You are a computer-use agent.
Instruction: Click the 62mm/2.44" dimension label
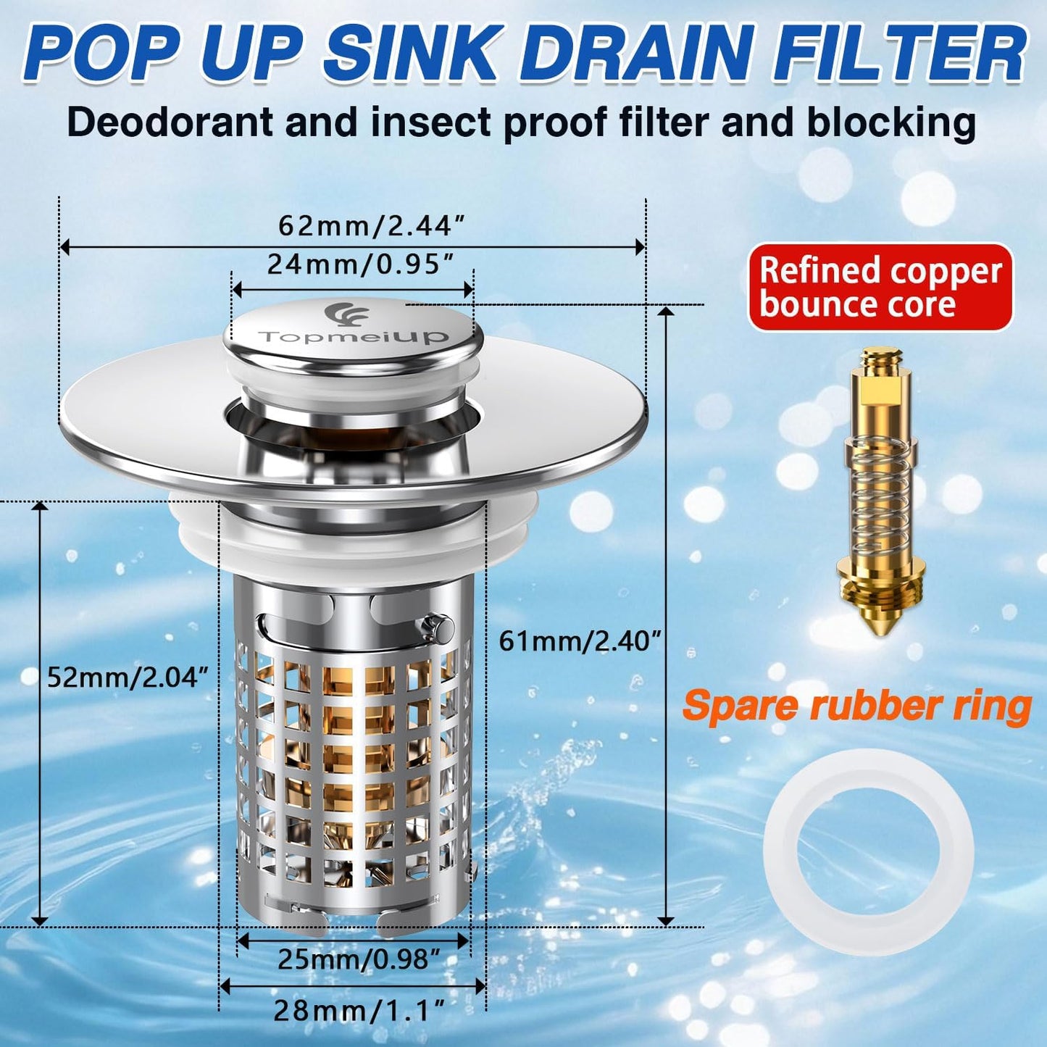(x=370, y=226)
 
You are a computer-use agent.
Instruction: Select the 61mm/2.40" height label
(x=580, y=641)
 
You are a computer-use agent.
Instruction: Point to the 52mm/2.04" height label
(x=128, y=677)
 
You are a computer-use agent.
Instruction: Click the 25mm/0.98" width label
(x=359, y=959)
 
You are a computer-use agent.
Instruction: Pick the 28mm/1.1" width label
(x=358, y=1010)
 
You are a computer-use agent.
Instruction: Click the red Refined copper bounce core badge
(x=880, y=288)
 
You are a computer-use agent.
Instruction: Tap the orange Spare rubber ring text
(x=857, y=706)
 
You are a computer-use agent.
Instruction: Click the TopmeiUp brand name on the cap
(x=354, y=337)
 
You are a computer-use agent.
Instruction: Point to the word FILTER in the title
(x=901, y=55)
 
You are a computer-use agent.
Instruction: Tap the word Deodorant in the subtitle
(x=169, y=122)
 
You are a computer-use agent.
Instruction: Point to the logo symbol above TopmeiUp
(x=347, y=314)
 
